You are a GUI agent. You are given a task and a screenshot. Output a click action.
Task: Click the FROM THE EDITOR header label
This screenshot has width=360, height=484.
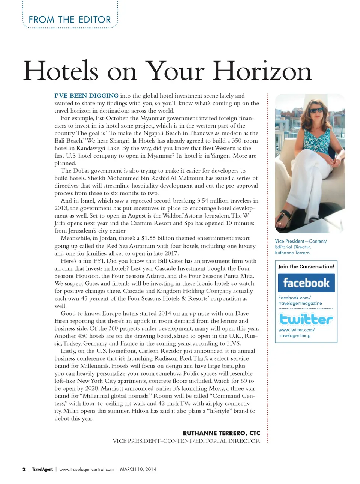pyautogui.click(x=70, y=20)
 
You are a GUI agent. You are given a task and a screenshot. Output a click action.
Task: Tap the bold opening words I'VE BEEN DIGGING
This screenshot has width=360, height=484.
pyautogui.click(x=86, y=96)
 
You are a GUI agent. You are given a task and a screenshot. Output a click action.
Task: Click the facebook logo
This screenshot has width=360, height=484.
pyautogui.click(x=306, y=283)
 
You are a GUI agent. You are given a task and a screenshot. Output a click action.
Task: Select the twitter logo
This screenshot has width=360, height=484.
pyautogui.click(x=306, y=319)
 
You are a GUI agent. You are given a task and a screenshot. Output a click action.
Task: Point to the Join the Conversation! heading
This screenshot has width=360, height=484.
pyautogui.click(x=306, y=266)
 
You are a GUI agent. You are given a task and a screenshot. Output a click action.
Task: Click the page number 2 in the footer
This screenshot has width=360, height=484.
pyautogui.click(x=24, y=469)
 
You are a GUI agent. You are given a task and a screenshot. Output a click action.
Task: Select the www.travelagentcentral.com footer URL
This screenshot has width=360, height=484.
pyautogui.click(x=86, y=469)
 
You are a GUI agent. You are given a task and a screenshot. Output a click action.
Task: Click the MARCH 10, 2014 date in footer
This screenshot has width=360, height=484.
pyautogui.click(x=138, y=469)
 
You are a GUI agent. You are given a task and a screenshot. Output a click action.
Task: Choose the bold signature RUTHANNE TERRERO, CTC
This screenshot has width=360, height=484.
pyautogui.click(x=221, y=433)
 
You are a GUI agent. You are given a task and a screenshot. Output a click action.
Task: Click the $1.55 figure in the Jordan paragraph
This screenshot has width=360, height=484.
pyautogui.click(x=148, y=238)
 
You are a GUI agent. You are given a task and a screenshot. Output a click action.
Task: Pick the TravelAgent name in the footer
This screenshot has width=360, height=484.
pyautogui.click(x=42, y=469)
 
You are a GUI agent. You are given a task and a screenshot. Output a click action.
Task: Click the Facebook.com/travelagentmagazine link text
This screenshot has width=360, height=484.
pyautogui.click(x=300, y=300)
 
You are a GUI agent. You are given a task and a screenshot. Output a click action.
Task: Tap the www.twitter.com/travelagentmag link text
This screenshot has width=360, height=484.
pyautogui.click(x=296, y=332)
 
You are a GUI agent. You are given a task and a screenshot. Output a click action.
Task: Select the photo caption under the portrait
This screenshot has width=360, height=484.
pyautogui.click(x=301, y=247)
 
